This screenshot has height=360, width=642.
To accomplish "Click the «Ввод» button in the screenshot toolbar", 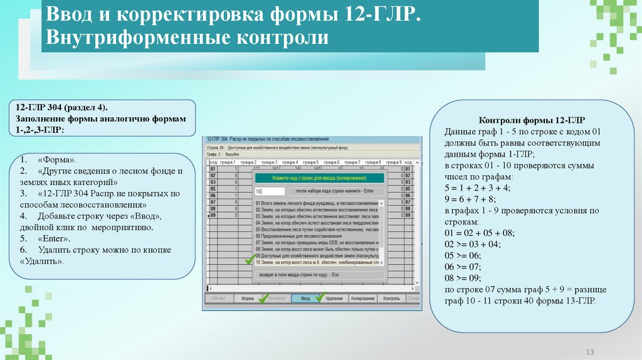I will click(x=305, y=299).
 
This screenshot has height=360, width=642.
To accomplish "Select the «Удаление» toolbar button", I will click(x=334, y=299).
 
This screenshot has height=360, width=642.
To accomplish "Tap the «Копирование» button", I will click(x=364, y=299).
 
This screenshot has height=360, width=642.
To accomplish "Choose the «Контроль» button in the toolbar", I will click(x=391, y=299).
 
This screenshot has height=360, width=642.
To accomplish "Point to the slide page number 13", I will click(x=589, y=351).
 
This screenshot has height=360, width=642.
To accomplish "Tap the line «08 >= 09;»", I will click(x=464, y=278).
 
